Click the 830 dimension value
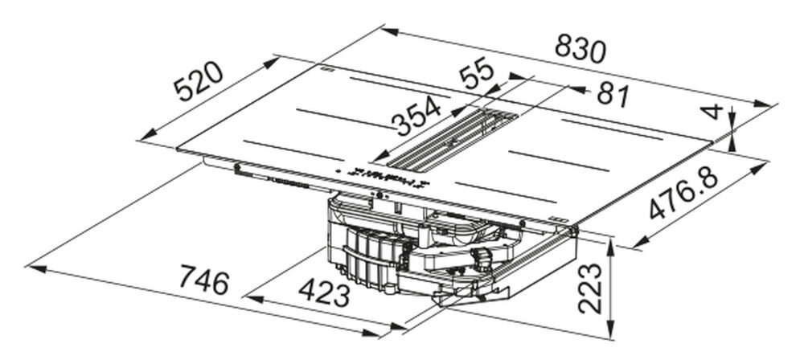click(x=580, y=49)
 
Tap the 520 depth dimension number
click(x=198, y=81)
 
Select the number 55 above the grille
click(x=476, y=75)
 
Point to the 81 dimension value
click(x=613, y=96)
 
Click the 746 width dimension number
click(x=203, y=281)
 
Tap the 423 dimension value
click(x=324, y=292)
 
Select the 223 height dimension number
click(x=589, y=288)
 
